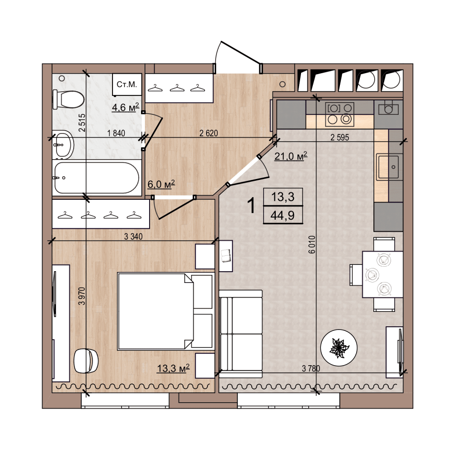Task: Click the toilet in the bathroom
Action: (68, 99)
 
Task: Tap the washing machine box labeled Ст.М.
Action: (127, 85)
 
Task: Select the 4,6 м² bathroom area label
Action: (125, 107)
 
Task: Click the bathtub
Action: (97, 178)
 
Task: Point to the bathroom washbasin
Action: (63, 145)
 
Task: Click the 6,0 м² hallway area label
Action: (161, 184)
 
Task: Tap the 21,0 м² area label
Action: (291, 156)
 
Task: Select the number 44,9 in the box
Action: (282, 215)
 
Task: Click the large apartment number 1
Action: (252, 206)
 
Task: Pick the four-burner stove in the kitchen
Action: (339, 115)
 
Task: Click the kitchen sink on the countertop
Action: (389, 167)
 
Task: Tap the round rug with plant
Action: (339, 348)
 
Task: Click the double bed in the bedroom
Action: (165, 311)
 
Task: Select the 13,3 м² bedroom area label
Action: (173, 368)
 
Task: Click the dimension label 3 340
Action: (133, 236)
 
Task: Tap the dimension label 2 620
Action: (208, 133)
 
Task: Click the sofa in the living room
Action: (241, 334)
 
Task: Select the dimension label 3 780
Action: (311, 368)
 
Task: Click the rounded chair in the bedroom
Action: (86, 361)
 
